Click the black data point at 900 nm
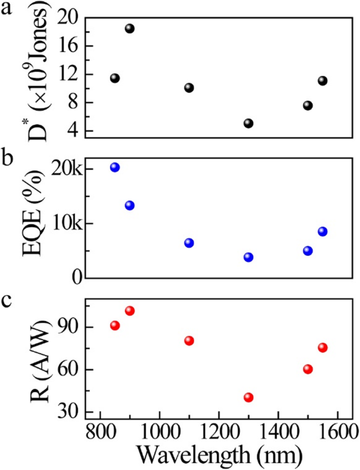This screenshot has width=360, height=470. pyautogui.click(x=130, y=28)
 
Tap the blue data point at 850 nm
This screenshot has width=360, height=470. pyautogui.click(x=115, y=167)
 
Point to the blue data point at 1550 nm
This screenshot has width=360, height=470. pyautogui.click(x=323, y=232)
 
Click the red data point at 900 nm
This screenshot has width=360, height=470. pyautogui.click(x=130, y=311)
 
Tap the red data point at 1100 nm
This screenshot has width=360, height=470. pyautogui.click(x=189, y=341)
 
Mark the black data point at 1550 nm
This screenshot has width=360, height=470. pyautogui.click(x=323, y=81)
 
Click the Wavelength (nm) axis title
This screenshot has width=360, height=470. pyautogui.click(x=218, y=453)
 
